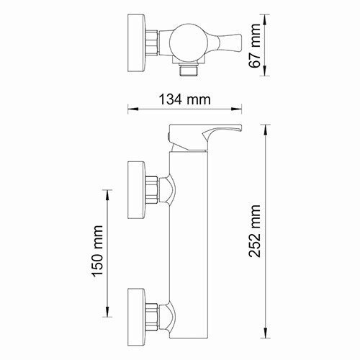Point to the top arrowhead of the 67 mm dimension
(x=268, y=17)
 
